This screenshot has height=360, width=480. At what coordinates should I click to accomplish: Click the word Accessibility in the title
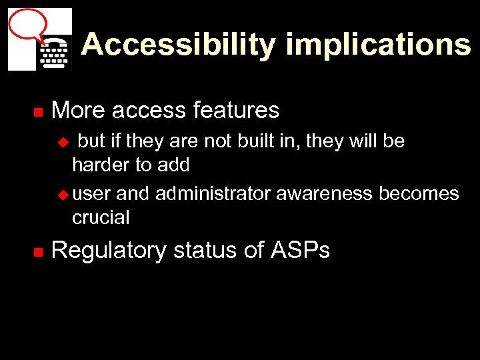178,45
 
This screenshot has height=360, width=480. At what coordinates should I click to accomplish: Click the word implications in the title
378,45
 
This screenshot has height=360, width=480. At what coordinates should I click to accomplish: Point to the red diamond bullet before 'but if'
64,142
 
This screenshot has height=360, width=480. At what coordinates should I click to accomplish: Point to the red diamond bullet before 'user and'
64,195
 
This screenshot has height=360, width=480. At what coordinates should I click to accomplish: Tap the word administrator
213,194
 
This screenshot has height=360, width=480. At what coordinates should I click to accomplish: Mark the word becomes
419,194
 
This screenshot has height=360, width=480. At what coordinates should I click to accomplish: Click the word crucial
101,217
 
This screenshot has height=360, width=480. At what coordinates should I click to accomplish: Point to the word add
175,165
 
